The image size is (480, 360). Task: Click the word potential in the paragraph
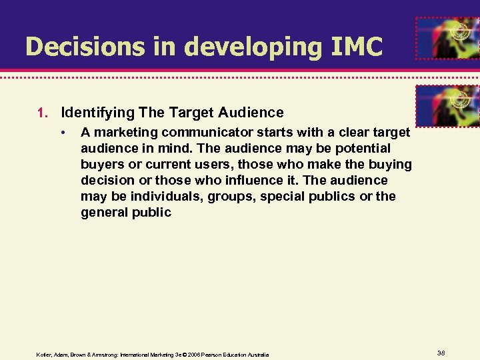366,148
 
